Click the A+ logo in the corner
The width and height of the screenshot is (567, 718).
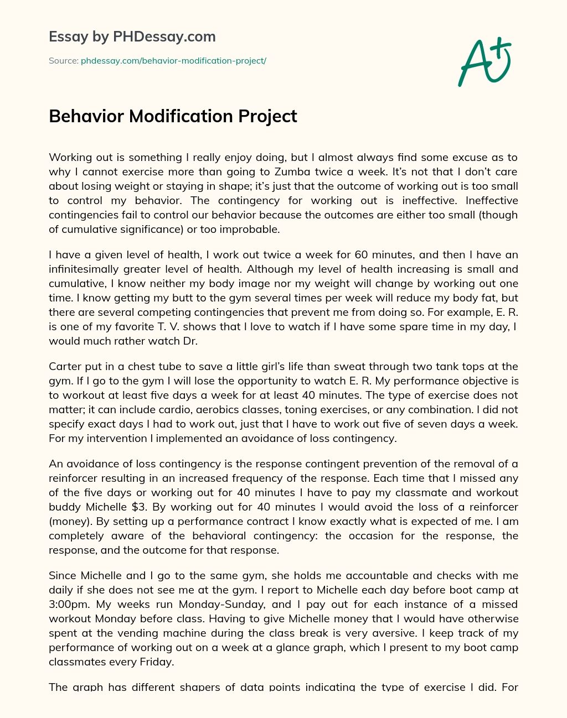pyautogui.click(x=484, y=61)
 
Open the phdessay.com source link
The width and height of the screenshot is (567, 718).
pyautogui.click(x=173, y=61)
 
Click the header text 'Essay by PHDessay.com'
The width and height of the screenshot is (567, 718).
pyautogui.click(x=132, y=37)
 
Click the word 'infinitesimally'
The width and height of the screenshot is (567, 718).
pyautogui.click(x=85, y=269)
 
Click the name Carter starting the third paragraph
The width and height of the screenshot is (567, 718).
pyautogui.click(x=65, y=367)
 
